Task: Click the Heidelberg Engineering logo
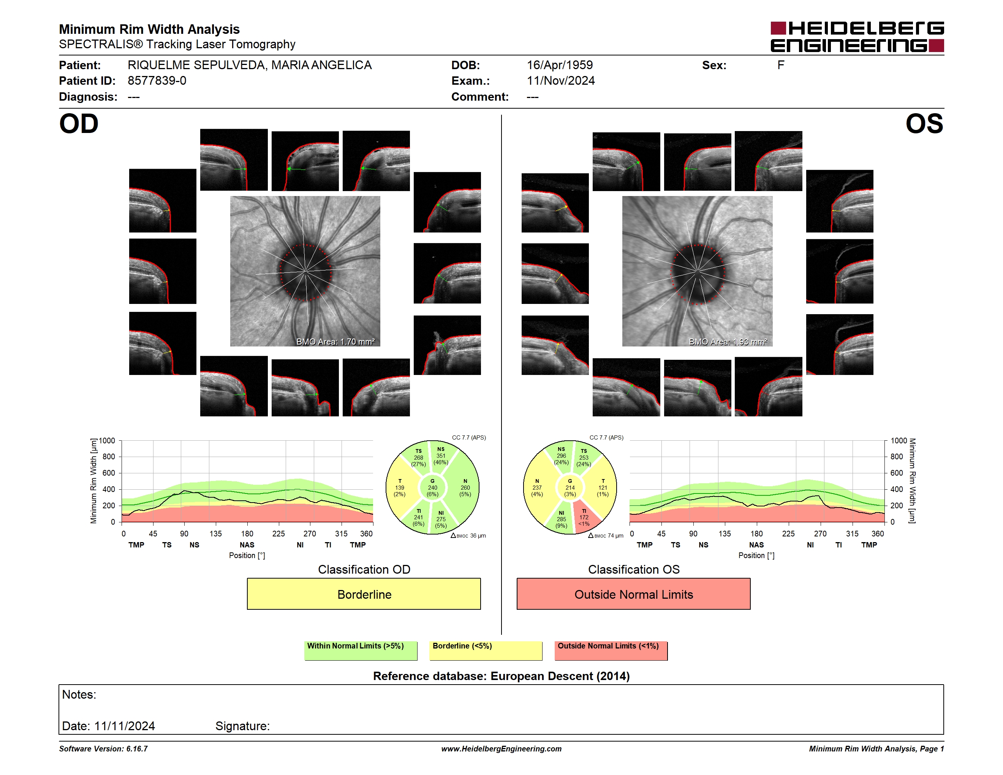pyautogui.click(x=857, y=37)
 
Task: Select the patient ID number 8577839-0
pyautogui.click(x=157, y=81)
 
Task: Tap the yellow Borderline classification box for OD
pyautogui.click(x=364, y=594)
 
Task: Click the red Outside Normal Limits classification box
pyautogui.click(x=633, y=594)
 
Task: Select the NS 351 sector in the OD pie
pyautogui.click(x=442, y=456)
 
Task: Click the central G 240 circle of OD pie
pyautogui.click(x=432, y=487)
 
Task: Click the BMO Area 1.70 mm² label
pyautogui.click(x=335, y=342)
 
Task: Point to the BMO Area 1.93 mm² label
pyautogui.click(x=728, y=342)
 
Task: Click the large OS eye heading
pyautogui.click(x=924, y=124)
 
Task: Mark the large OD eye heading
pyautogui.click(x=79, y=124)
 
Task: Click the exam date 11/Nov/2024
pyautogui.click(x=560, y=81)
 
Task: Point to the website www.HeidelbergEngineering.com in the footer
pyautogui.click(x=501, y=749)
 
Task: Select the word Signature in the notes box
pyautogui.click(x=242, y=726)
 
